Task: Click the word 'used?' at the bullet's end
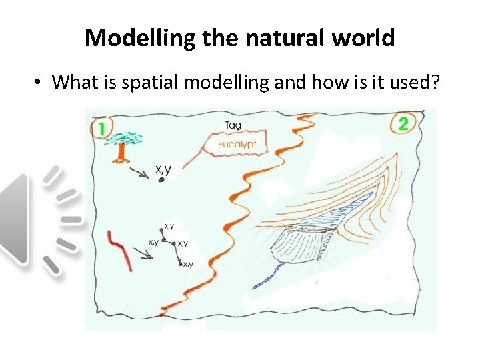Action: point(406,83)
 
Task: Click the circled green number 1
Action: point(102,128)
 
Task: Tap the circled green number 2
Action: point(403,123)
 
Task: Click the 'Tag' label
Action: point(233,125)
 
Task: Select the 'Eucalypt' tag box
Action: point(237,144)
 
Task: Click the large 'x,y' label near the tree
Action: point(163,170)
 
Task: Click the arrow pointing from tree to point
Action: point(141,173)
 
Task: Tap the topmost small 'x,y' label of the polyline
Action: point(169,226)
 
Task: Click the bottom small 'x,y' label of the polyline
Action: point(189,265)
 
